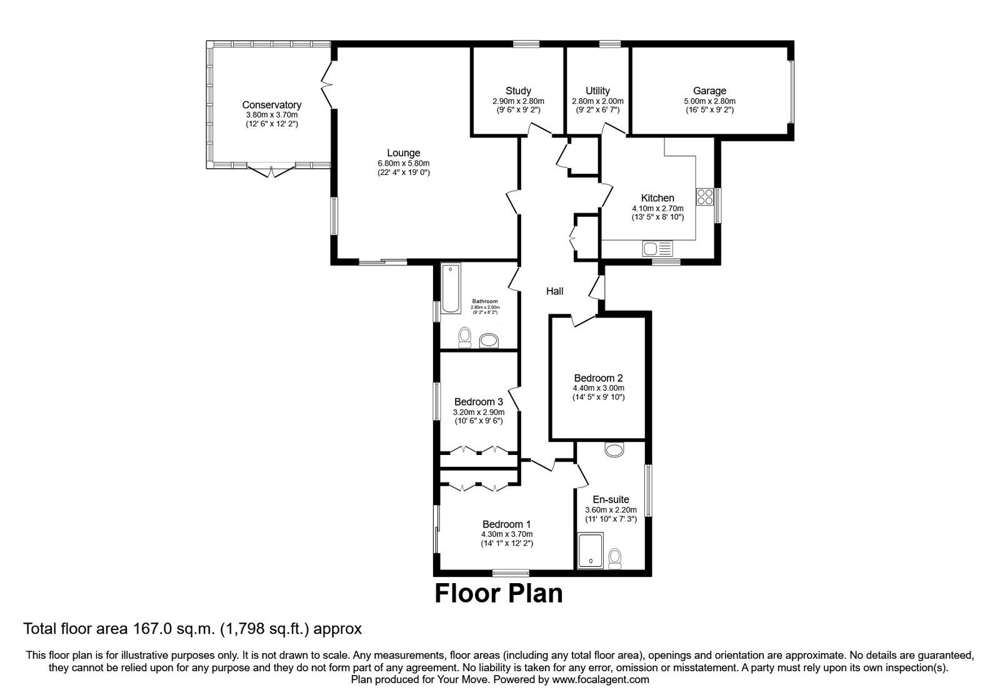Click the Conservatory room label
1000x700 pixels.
[x=271, y=105]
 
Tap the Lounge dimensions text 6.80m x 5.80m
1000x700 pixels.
[x=403, y=163]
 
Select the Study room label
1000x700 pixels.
[x=518, y=91]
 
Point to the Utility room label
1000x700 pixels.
[x=597, y=91]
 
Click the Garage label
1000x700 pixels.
[x=709, y=91]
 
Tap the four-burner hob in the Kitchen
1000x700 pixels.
[x=705, y=197]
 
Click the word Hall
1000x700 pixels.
[x=554, y=291]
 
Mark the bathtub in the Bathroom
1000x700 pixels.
[x=450, y=288]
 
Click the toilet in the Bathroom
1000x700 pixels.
[x=464, y=337]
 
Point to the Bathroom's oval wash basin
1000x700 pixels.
[x=489, y=341]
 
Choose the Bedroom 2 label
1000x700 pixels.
[x=598, y=378]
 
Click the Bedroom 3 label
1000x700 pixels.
[x=478, y=402]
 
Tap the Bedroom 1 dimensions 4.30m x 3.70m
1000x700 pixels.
[x=506, y=534]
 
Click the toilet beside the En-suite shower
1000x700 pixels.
[x=615, y=557]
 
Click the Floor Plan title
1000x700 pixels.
[x=499, y=594]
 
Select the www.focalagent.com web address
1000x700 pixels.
[x=601, y=679]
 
